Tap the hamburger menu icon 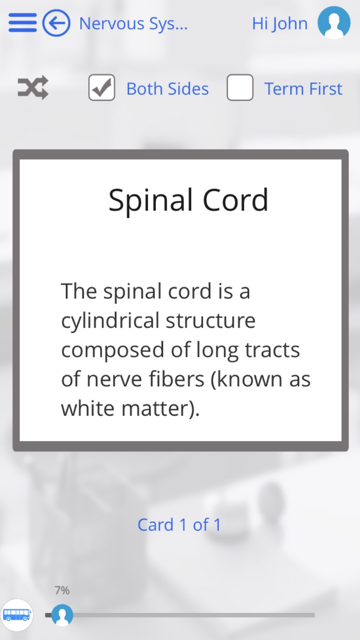coord(23,23)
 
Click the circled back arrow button coord(56,23)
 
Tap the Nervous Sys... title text coord(133,24)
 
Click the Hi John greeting coord(280,24)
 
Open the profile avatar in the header coord(334,22)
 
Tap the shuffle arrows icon coord(33,87)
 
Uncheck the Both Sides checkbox coord(102,87)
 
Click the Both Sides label coord(167,89)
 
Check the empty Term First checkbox coord(240,87)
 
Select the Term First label coord(303,89)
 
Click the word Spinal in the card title coord(151,200)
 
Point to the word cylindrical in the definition coord(110,321)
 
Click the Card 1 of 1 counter coord(179,525)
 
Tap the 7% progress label coord(62,590)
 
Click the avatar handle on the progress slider coord(62,615)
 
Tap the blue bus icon coord(17,615)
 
